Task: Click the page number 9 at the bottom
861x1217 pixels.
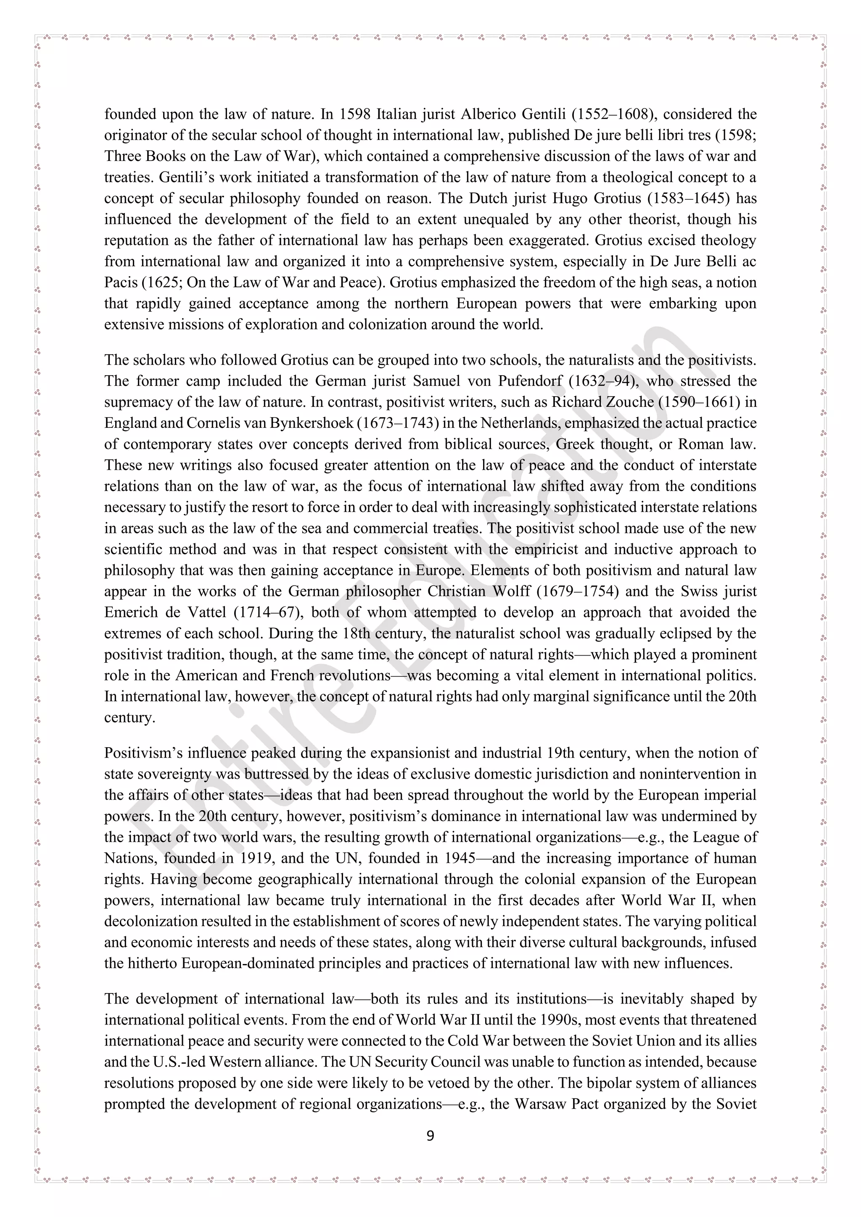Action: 430,1135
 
